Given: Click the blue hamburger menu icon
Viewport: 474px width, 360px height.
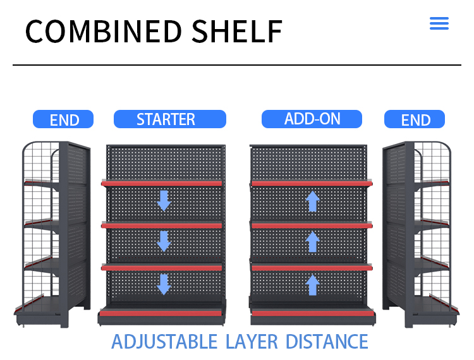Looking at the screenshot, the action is (x=439, y=23).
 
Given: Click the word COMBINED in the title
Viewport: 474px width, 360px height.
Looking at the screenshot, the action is (x=104, y=32).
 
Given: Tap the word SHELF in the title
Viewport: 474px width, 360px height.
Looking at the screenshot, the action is (x=237, y=32).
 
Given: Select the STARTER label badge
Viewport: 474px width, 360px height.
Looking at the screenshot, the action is (x=170, y=119).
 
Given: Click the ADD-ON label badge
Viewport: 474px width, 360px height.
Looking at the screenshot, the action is (x=312, y=119).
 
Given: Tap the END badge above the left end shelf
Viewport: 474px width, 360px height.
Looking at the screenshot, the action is (x=63, y=119).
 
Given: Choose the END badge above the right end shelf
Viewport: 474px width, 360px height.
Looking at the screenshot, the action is (x=415, y=119).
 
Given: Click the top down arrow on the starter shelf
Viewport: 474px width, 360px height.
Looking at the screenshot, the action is (x=164, y=201).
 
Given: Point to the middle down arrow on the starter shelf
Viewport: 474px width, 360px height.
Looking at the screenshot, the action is (x=164, y=241).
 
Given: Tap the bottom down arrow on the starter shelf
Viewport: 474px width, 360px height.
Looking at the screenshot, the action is (x=164, y=284).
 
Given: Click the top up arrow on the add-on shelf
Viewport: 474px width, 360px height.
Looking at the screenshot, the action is (x=313, y=201).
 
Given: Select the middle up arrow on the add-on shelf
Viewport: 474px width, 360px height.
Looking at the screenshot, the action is (x=313, y=242).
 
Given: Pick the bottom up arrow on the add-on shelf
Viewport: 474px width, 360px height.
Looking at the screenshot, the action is (x=313, y=285).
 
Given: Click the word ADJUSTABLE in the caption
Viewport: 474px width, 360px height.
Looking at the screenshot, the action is (x=164, y=342).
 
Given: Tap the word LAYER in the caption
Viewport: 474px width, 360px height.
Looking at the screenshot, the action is (x=252, y=342).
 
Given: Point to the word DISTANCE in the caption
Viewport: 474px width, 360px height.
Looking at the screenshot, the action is (x=327, y=342).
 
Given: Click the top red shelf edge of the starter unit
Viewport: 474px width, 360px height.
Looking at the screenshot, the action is (x=162, y=184).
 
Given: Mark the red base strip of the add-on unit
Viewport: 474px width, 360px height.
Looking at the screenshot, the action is (x=313, y=313).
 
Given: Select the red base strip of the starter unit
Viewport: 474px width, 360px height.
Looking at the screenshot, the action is (x=161, y=313).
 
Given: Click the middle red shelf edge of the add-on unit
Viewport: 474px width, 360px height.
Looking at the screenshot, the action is (x=312, y=225).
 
